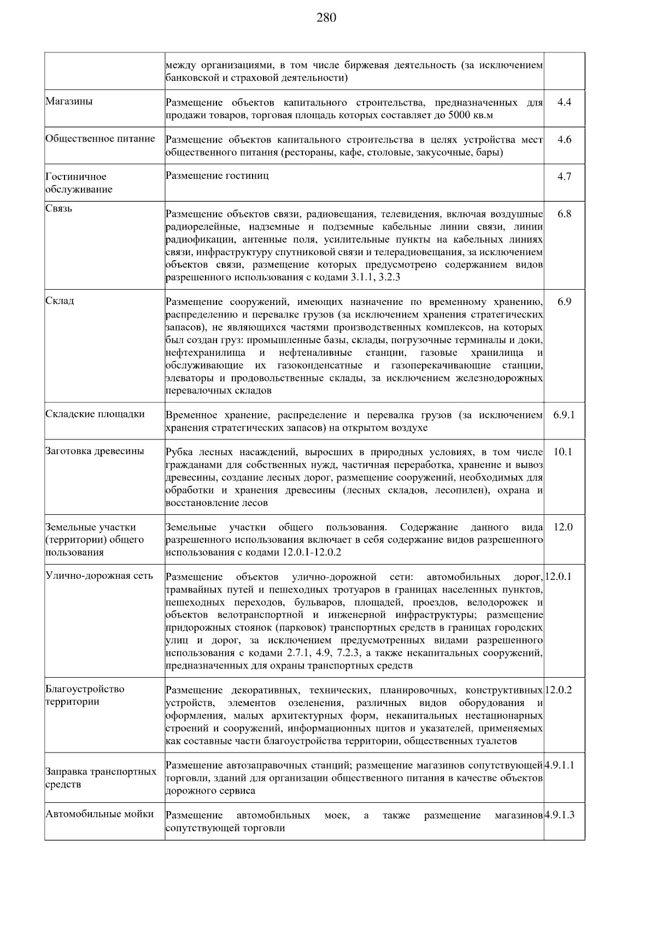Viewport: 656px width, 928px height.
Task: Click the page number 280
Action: click(326, 18)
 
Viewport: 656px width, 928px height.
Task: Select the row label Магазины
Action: click(69, 102)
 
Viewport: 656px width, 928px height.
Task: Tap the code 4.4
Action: click(564, 102)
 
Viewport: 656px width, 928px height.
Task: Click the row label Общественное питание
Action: click(100, 139)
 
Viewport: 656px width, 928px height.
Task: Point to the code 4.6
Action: click(564, 139)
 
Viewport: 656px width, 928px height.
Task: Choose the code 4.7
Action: click(564, 177)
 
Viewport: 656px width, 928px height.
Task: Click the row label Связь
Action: click(59, 209)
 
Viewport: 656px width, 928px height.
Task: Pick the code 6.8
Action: click(564, 214)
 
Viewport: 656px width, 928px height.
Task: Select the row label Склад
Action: click(60, 301)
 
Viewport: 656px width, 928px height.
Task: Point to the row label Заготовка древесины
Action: click(95, 451)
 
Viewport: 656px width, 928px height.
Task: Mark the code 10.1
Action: click(563, 452)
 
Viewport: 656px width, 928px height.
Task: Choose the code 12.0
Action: click(563, 527)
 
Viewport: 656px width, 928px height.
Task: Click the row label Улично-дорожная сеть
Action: click(99, 576)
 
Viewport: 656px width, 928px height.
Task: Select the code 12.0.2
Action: click(559, 690)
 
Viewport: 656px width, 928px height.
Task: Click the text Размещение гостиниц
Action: click(217, 176)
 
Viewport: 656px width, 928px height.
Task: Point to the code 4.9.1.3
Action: click(560, 815)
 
